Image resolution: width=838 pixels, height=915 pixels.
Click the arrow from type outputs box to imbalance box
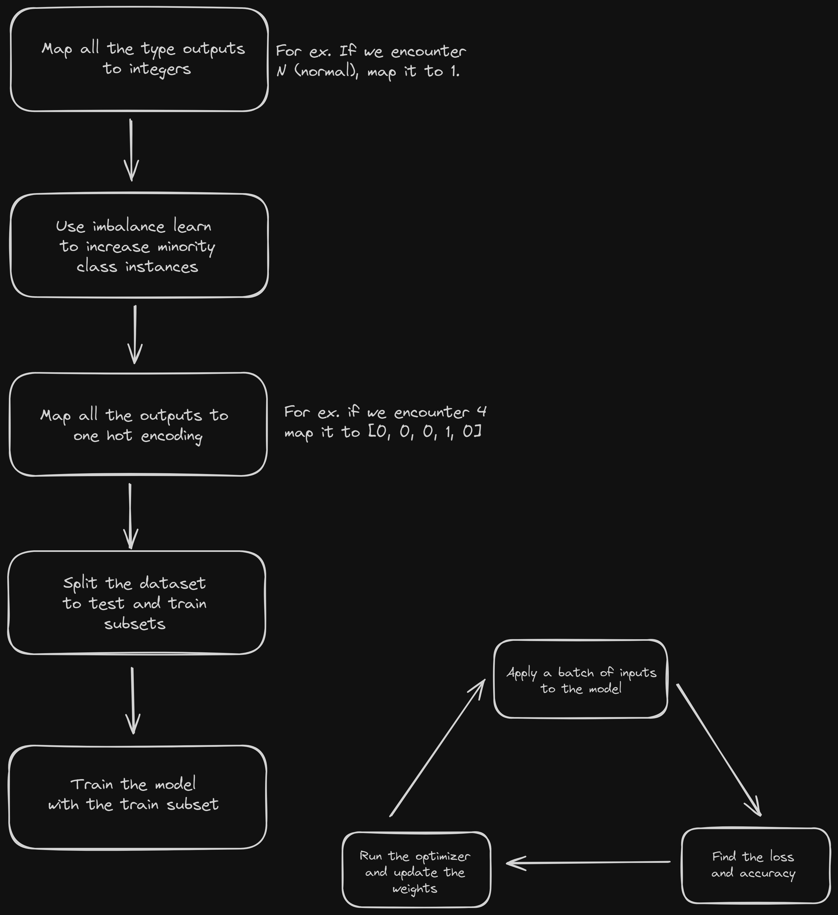(x=131, y=150)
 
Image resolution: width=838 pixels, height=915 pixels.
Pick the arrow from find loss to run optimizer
(x=588, y=862)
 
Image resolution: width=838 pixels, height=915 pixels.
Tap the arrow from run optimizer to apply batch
(x=438, y=748)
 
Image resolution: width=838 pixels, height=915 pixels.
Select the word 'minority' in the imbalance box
(x=186, y=247)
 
